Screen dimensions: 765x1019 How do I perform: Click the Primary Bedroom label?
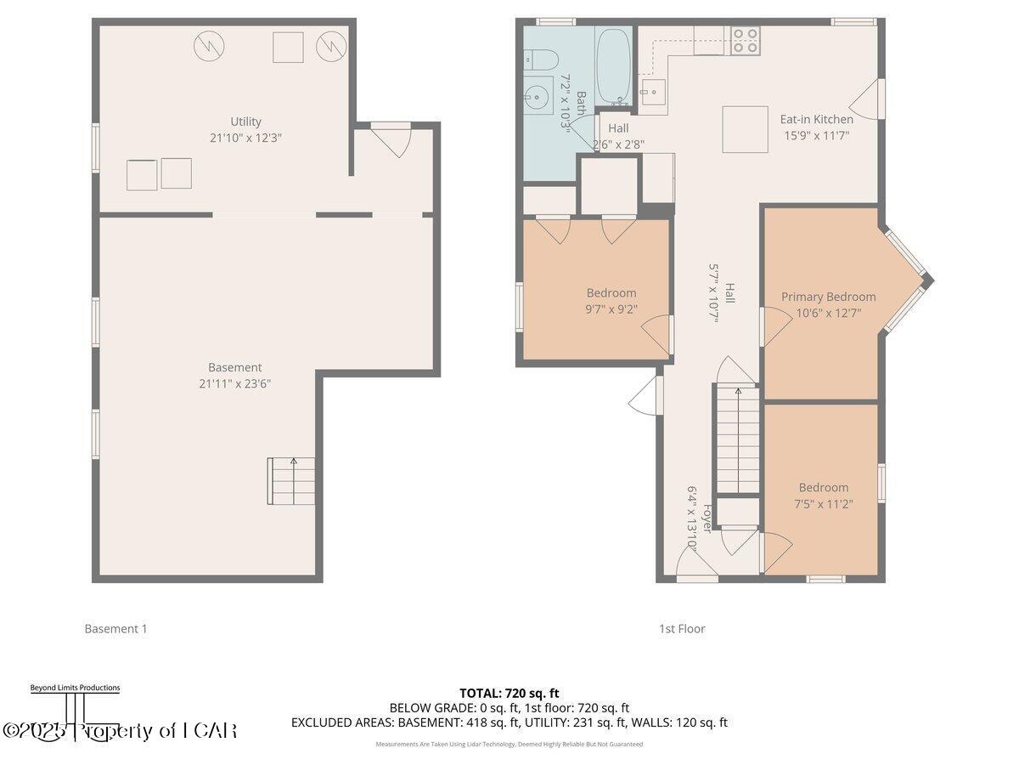tap(828, 297)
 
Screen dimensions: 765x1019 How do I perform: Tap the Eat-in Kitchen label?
tap(816, 119)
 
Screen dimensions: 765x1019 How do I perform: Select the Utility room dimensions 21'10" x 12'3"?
tap(245, 137)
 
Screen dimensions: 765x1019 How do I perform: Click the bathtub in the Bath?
tap(612, 66)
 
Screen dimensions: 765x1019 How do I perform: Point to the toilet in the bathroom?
tap(538, 59)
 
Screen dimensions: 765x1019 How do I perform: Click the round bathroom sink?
tap(537, 95)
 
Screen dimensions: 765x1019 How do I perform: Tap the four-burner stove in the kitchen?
tap(745, 41)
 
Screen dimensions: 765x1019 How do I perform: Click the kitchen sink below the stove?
tap(652, 90)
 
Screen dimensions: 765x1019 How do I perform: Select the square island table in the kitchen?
tap(745, 129)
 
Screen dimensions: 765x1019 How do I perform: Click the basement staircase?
tap(292, 480)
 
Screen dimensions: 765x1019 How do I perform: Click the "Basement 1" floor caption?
tap(115, 629)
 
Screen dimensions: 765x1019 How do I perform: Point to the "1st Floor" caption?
tap(682, 629)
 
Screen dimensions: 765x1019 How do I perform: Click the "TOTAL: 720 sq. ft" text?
tap(509, 694)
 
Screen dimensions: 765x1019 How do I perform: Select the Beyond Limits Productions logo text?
tap(75, 688)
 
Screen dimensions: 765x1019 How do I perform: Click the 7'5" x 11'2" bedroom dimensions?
tap(823, 503)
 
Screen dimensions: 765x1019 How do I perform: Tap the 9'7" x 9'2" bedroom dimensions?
tap(611, 309)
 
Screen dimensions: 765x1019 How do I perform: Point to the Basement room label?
tap(234, 367)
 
